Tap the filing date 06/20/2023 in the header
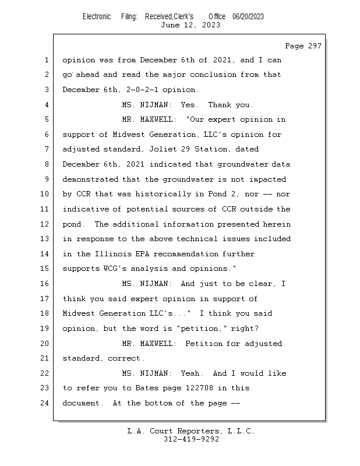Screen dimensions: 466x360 click(x=248, y=17)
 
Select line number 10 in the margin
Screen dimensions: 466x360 click(x=45, y=194)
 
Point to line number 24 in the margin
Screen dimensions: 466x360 click(x=45, y=403)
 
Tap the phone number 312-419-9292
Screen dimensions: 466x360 click(x=191, y=439)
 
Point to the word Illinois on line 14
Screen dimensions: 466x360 click(x=114, y=254)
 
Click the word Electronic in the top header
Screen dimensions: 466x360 click(x=97, y=17)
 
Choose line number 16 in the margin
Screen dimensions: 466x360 click(x=45, y=284)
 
